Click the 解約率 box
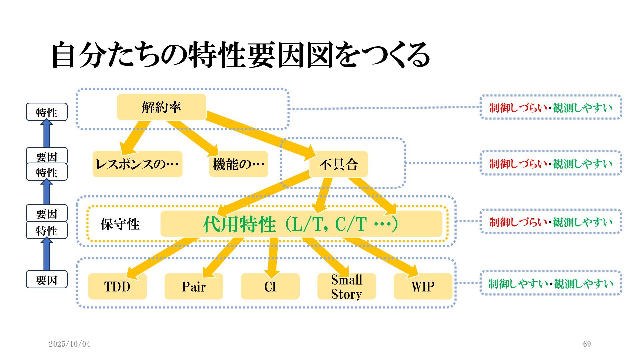(x=161, y=107)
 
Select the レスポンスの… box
(x=137, y=164)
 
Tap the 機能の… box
(x=238, y=164)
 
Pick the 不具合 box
(x=338, y=164)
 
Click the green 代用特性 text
(x=239, y=224)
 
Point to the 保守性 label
(x=120, y=224)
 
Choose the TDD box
(x=117, y=286)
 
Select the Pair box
(x=194, y=286)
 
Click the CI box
(x=270, y=286)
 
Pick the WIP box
(x=423, y=286)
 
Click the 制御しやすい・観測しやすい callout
(x=551, y=283)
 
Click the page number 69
(x=587, y=344)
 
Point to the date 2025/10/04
(x=70, y=344)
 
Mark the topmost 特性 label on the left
(x=47, y=112)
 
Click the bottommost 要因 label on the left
(x=47, y=280)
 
